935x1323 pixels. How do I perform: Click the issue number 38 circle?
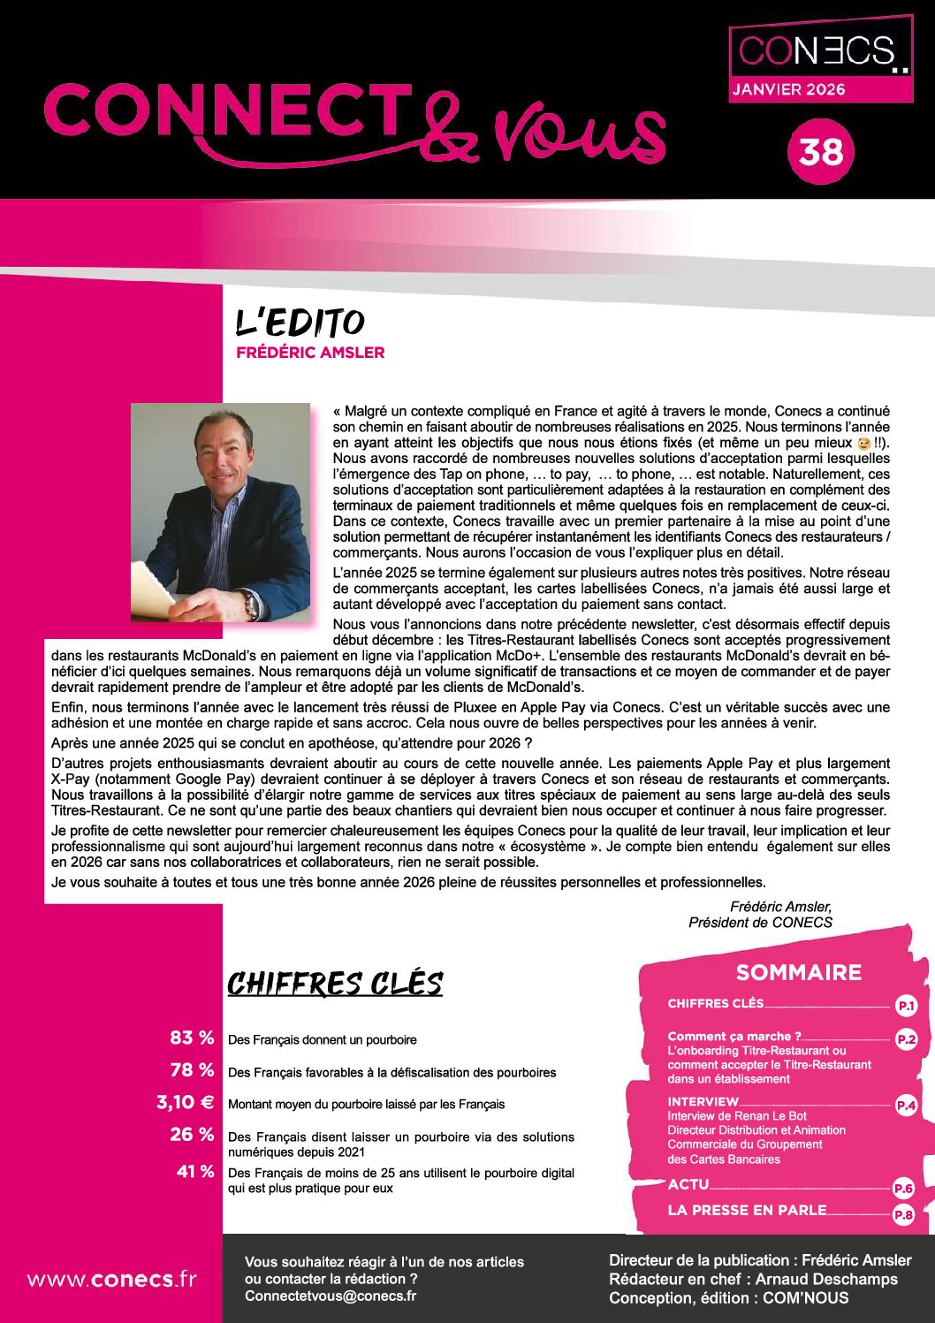point(821,152)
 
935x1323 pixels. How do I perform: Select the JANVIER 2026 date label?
point(787,89)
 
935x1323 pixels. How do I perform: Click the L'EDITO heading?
point(300,323)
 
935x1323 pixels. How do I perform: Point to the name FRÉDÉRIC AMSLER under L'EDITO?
point(310,353)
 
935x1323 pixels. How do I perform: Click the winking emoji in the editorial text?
point(864,443)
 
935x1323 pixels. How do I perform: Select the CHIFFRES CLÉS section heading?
point(335,984)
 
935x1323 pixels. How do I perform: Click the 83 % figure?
point(192,1038)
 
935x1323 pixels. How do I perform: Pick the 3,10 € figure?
point(185,1102)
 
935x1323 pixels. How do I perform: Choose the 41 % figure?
point(195,1172)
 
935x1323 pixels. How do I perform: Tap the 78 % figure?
point(192,1070)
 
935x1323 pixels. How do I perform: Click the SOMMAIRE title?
point(798,972)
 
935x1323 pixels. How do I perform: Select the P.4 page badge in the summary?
point(906,1105)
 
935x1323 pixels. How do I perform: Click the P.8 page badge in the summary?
point(902,1215)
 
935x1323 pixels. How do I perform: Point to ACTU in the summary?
point(688,1184)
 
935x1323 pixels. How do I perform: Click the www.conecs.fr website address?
point(111,1279)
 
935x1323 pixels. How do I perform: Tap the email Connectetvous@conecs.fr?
point(330,1296)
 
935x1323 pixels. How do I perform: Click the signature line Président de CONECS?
point(760,923)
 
